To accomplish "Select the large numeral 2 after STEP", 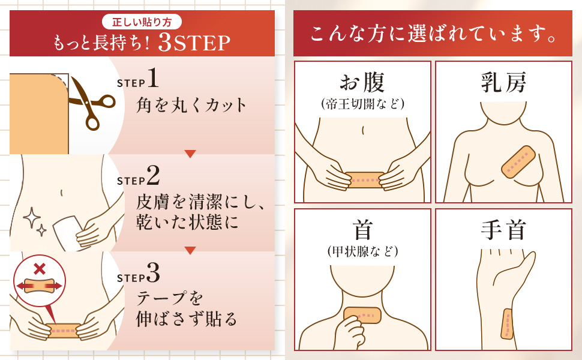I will click(x=152, y=175).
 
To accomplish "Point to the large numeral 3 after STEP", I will click(x=152, y=273).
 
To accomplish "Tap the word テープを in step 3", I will click(x=171, y=298).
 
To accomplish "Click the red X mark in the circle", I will click(x=39, y=266).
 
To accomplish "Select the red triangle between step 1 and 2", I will click(x=190, y=154).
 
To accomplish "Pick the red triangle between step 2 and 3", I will click(x=190, y=250).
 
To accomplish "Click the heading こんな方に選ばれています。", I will click(x=432, y=34).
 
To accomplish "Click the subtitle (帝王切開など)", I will click(x=362, y=103).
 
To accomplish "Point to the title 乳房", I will click(x=503, y=83).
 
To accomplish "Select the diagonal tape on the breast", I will click(x=518, y=163).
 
